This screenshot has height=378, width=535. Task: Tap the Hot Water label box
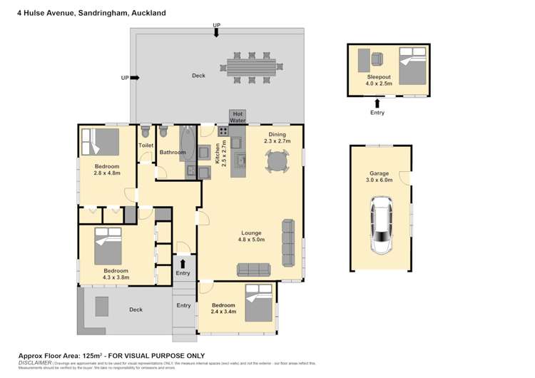tap(238, 117)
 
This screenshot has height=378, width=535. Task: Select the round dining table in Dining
tap(277, 162)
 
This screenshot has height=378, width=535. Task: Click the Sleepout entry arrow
tap(377, 103)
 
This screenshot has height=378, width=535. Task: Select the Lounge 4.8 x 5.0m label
tap(251, 236)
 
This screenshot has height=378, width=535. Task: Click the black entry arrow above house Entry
tap(183, 263)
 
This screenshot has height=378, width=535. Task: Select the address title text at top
tap(91, 13)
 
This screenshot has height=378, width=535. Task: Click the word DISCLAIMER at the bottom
tap(34, 362)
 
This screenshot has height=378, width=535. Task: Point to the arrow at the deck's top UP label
tap(217, 34)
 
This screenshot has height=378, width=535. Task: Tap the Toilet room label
tap(146, 145)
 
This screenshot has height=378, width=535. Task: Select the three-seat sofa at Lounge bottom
tap(254, 269)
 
